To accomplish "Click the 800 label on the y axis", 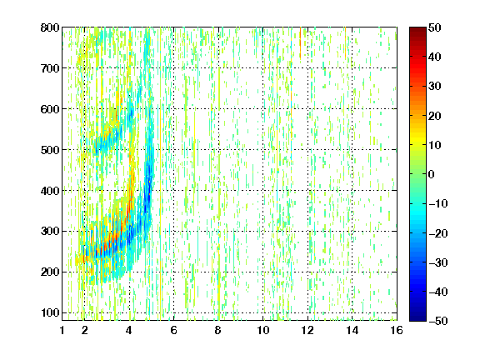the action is (x=50, y=27).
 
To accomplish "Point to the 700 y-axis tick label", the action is (x=50, y=68).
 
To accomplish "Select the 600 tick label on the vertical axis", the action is (x=50, y=109).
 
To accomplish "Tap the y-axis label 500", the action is (x=50, y=150).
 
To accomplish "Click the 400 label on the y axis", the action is (x=50, y=191).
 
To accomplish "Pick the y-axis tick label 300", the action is (x=50, y=232).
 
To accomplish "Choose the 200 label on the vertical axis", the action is (x=50, y=272).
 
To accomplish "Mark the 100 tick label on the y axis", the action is (x=50, y=313).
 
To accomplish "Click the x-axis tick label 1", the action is (x=62, y=330).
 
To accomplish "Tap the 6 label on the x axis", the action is (x=174, y=330).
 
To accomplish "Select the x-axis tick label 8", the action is (x=218, y=330).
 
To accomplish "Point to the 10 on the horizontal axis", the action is (x=263, y=330).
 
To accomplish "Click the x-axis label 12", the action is (x=307, y=330).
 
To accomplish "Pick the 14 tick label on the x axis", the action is (x=352, y=330).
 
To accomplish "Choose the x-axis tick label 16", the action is (x=397, y=330).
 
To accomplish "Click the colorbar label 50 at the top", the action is (x=435, y=27).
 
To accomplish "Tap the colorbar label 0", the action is (x=432, y=174).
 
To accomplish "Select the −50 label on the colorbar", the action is (x=438, y=321).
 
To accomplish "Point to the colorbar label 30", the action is (x=435, y=87).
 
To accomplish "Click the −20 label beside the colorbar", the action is (x=438, y=233).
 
